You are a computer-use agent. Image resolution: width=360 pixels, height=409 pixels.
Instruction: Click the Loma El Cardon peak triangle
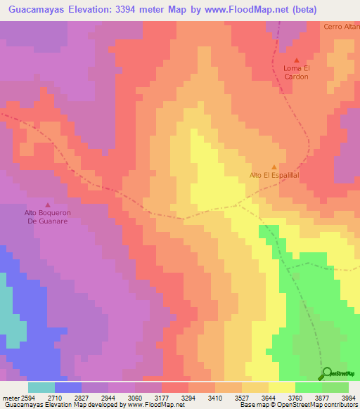[296, 60]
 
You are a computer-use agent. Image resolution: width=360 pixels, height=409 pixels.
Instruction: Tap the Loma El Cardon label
[296, 72]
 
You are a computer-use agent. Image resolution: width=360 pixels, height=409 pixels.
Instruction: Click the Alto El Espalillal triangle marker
[274, 167]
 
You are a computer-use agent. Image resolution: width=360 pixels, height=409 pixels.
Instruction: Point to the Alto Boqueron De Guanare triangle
[48, 204]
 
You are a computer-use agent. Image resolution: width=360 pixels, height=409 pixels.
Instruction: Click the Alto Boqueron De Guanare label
[48, 216]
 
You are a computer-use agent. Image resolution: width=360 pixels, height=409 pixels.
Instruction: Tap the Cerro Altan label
[341, 27]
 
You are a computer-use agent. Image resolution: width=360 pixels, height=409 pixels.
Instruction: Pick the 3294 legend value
[188, 398]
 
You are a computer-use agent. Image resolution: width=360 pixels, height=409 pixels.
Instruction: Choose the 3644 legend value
[268, 398]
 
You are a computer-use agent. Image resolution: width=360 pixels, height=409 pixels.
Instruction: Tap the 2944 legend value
[108, 398]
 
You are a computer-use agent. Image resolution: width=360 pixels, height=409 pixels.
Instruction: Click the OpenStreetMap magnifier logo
[327, 373]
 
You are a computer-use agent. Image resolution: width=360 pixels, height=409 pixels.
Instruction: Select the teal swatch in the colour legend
[41, 387]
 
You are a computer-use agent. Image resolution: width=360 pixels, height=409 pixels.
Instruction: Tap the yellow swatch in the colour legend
[281, 387]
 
